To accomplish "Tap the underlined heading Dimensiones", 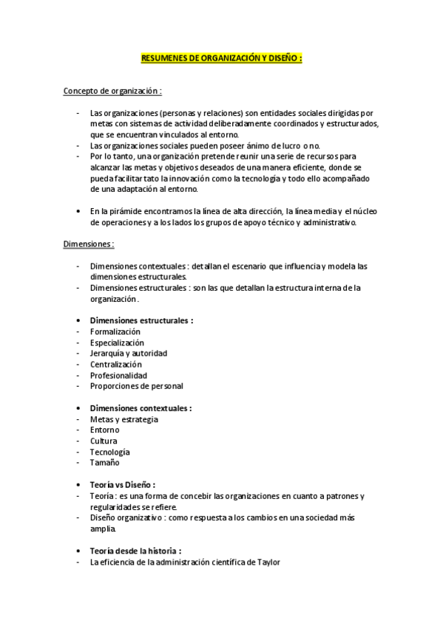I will pos(88,243).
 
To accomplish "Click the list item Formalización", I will pos(115,331).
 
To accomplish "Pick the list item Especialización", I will pos(117,343).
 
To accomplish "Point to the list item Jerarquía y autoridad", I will pos(128,353).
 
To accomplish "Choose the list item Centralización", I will pos(115,364).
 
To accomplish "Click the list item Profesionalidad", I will pos(118,375).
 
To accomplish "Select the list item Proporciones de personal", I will pos(136,385).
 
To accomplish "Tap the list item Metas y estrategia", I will pos(124,419).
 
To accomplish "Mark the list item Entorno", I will pos(104,430).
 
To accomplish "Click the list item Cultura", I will pos(104,441).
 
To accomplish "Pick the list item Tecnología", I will pos(109,452).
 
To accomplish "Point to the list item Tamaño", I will pos(104,463).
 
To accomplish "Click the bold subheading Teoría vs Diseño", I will pos(122,484).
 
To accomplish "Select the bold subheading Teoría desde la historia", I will pos(135,551).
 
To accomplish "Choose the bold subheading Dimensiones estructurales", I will pos(141,320).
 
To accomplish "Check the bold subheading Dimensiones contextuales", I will pos(140,407).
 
